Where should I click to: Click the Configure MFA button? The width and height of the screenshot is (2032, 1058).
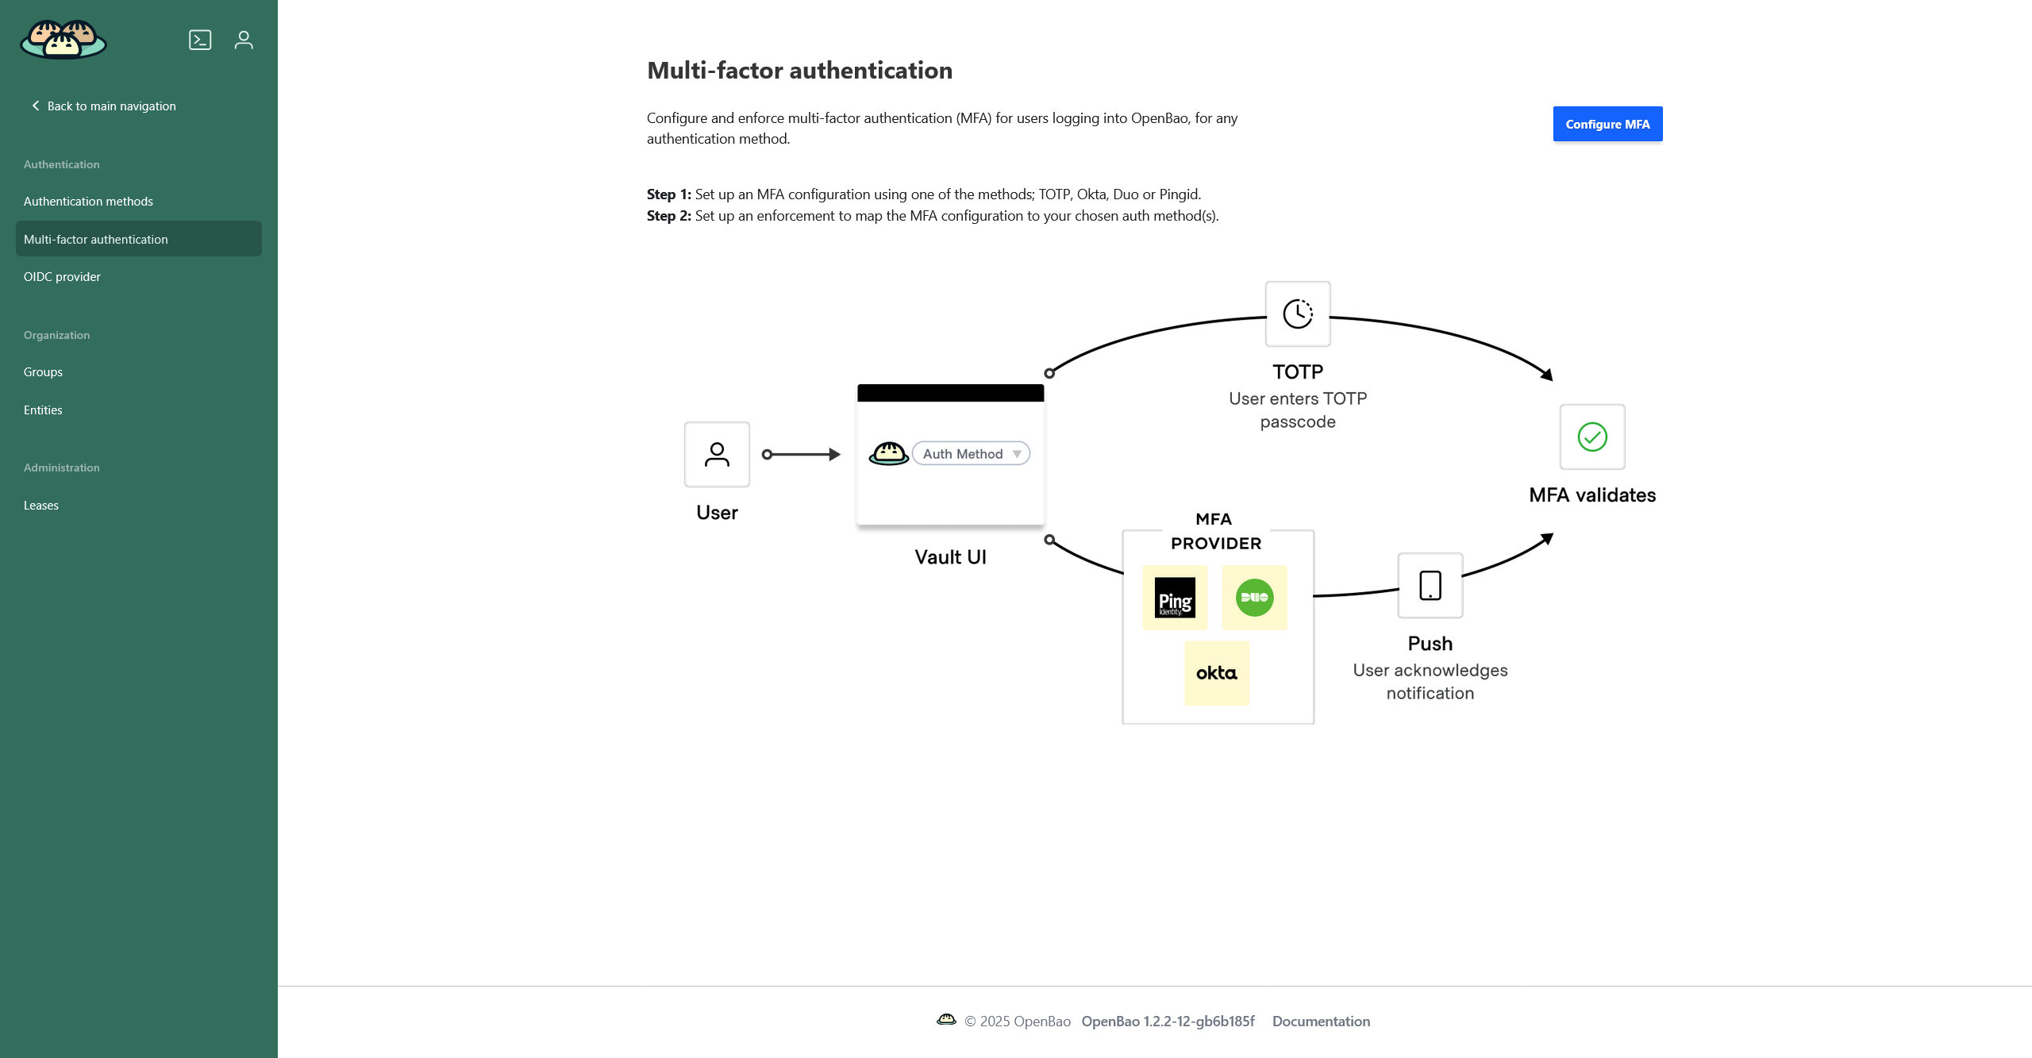pos(1607,124)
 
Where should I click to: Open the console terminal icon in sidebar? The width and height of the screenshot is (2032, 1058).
pos(200,40)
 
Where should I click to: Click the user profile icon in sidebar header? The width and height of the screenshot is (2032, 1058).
pos(244,40)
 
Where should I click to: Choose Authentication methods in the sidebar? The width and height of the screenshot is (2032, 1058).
pos(88,202)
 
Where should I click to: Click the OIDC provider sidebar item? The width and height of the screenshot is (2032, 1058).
pos(62,277)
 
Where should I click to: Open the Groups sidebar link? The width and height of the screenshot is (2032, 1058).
pos(43,372)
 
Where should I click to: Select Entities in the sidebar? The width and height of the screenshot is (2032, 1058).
pos(43,410)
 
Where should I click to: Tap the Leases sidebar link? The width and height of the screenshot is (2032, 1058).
pos(41,506)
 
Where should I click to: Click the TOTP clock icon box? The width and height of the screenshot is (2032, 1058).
pos(1298,314)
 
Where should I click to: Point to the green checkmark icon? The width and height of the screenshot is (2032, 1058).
pos(1592,437)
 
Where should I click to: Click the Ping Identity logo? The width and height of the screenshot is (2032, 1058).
pos(1175,598)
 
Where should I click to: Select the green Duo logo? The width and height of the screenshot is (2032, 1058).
pos(1254,598)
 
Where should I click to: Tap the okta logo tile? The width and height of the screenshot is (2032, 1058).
pos(1216,673)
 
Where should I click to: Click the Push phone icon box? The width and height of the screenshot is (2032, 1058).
pos(1430,586)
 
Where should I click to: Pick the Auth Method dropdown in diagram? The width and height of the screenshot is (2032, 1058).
pos(971,454)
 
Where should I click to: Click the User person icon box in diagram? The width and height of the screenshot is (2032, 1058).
pos(717,454)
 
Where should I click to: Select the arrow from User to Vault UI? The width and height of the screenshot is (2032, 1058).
pos(801,455)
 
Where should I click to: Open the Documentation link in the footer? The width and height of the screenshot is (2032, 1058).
pos(1321,1021)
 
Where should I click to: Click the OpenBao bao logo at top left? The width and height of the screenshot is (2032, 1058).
pos(63,40)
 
